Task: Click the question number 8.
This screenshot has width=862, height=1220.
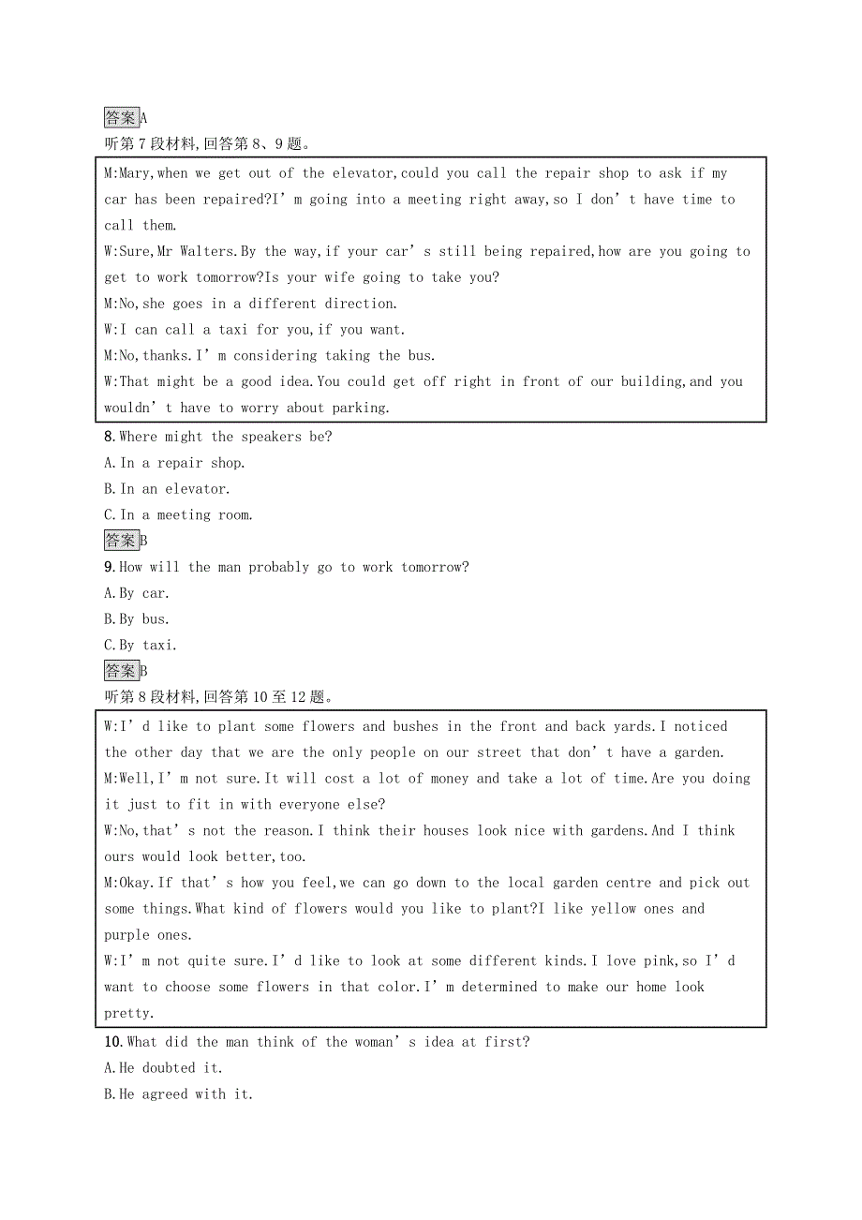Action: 109,437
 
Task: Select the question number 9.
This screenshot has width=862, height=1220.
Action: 109,567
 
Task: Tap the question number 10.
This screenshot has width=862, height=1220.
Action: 112,1042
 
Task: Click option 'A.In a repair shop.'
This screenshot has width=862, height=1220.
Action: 174,463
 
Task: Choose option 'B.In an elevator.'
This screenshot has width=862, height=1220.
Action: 167,489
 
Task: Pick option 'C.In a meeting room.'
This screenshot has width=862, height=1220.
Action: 178,515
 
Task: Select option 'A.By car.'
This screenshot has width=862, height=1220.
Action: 137,593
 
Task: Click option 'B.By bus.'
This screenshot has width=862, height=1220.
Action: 137,619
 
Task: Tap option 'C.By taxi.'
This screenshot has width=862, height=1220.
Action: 141,646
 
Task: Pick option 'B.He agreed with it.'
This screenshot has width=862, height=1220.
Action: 178,1094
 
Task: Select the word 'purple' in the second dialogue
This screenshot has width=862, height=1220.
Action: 126,935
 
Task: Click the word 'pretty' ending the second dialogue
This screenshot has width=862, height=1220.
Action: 126,1013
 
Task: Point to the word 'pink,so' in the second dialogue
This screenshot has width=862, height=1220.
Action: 666,961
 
